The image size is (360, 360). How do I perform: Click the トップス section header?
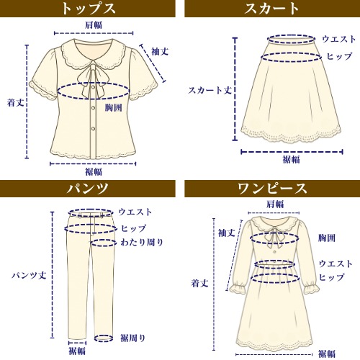88,9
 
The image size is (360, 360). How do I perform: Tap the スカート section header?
272,9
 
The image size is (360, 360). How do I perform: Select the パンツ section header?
88,189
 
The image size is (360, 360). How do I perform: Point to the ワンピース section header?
272,189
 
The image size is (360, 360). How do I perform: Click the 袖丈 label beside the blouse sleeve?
160,52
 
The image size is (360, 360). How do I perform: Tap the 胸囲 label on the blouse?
113,108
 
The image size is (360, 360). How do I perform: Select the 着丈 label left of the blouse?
16,103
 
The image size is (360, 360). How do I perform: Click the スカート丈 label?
210,90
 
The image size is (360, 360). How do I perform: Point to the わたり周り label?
142,242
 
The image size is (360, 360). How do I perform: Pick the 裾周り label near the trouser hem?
133,338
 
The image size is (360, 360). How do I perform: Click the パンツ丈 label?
29,275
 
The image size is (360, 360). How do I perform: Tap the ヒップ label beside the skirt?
339,56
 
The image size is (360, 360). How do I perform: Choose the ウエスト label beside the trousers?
135,212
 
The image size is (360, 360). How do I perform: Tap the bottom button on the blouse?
93,129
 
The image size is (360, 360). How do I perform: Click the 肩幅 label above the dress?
275,204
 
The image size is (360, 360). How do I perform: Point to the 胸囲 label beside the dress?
327,238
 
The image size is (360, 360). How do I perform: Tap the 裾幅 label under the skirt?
291,159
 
